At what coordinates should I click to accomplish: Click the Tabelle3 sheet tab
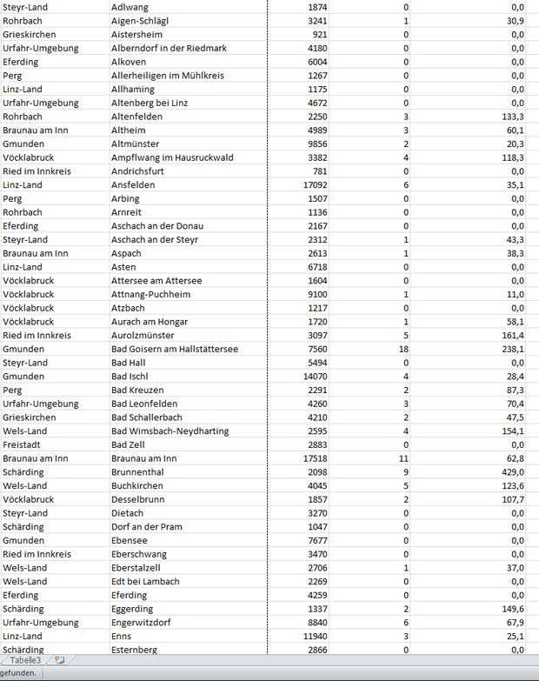coord(26,661)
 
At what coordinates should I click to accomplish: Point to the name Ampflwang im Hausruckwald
coord(173,157)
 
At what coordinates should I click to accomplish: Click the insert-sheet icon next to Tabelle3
coord(59,661)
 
